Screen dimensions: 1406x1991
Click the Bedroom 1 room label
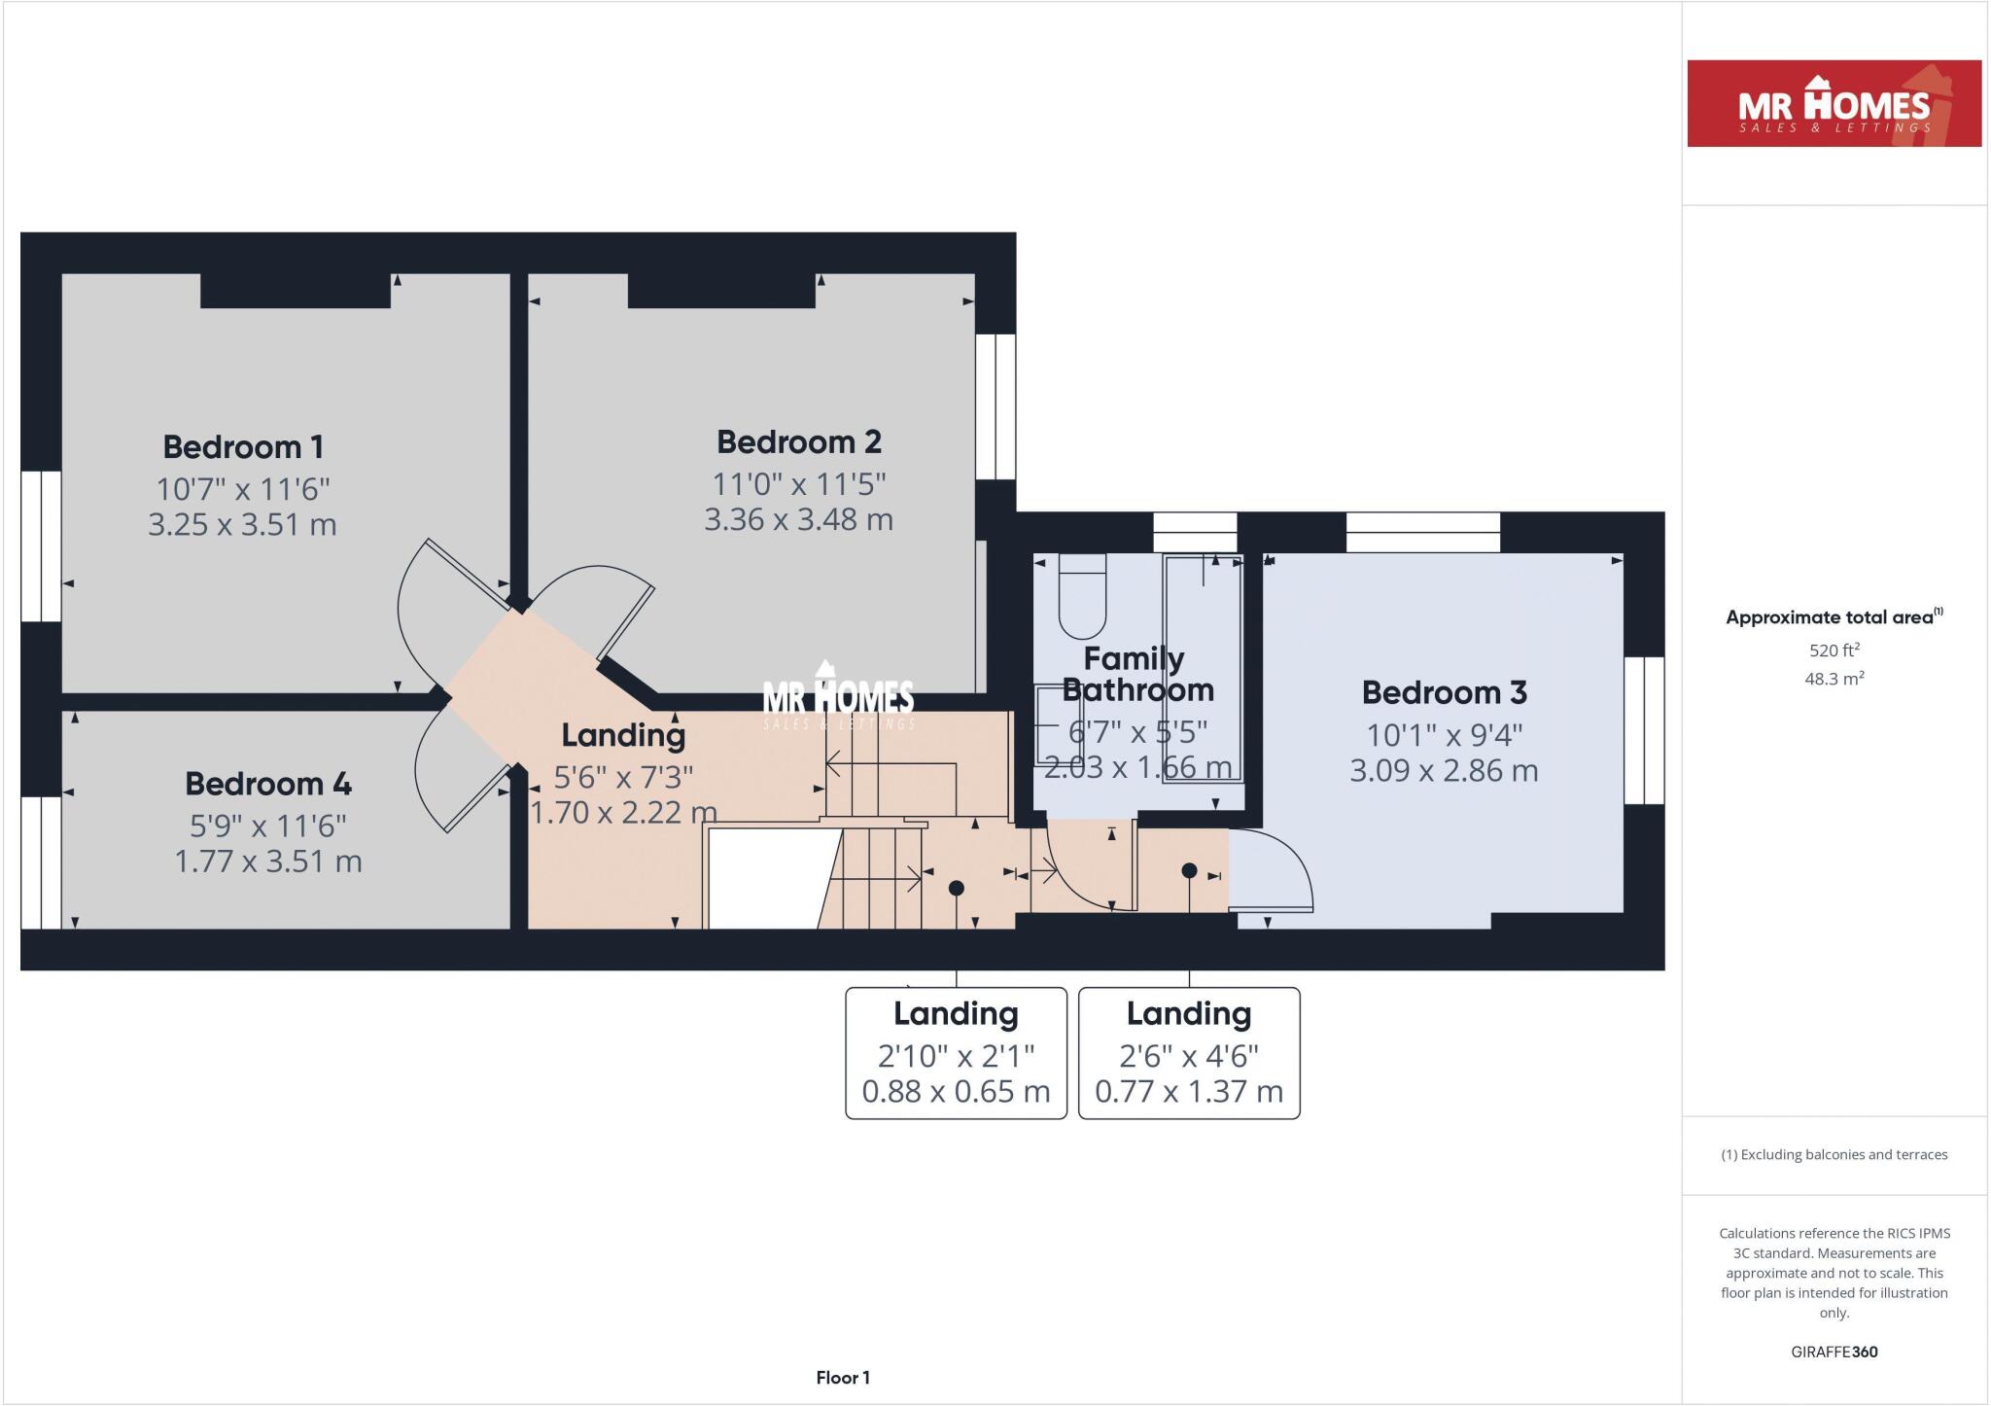(243, 447)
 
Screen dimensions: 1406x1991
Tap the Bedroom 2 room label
(799, 442)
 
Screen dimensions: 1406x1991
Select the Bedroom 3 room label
(1444, 692)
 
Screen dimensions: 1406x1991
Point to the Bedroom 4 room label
(268, 784)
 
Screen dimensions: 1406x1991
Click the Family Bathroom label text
(1136, 674)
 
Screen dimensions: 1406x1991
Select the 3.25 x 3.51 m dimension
(242, 525)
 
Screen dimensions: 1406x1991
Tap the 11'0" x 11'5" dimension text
(799, 483)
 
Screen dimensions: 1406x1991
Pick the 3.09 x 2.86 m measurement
(1444, 771)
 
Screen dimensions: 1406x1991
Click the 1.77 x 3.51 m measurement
(268, 861)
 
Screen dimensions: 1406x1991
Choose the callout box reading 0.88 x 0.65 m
(956, 1053)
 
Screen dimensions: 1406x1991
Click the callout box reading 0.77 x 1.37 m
(1189, 1053)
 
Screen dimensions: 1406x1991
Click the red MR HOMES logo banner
(1834, 104)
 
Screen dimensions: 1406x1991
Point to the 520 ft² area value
(1834, 650)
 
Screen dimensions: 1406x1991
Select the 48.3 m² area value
(1834, 679)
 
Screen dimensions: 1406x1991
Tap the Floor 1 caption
(843, 1378)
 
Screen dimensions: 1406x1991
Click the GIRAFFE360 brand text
(1834, 1352)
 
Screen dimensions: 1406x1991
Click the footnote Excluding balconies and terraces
(1834, 1155)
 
